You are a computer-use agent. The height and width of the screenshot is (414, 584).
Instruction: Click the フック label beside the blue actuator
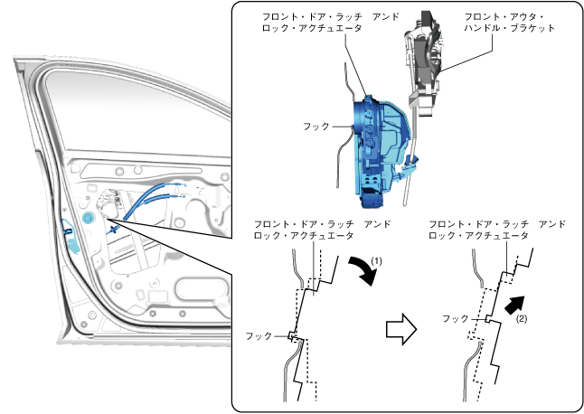click(316, 127)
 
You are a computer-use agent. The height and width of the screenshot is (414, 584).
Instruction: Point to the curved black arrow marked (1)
click(361, 268)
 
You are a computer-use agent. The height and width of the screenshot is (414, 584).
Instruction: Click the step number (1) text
click(379, 259)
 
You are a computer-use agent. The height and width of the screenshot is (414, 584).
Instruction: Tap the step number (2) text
click(522, 318)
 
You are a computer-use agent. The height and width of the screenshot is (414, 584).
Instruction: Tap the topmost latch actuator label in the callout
click(312, 23)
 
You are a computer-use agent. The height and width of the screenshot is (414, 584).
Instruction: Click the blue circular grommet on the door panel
click(88, 220)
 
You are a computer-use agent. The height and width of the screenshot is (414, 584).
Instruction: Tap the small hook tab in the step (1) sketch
click(292, 336)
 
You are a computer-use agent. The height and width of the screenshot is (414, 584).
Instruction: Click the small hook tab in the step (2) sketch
click(485, 318)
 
